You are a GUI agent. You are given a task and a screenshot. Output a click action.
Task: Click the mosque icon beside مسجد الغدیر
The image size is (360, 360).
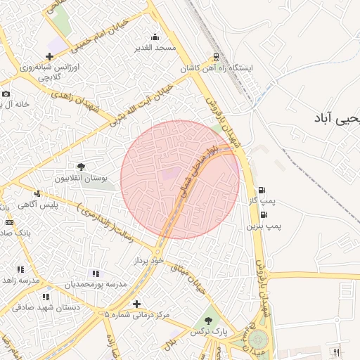(155, 37)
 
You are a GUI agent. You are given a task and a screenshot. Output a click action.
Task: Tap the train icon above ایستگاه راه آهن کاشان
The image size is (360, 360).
(214, 58)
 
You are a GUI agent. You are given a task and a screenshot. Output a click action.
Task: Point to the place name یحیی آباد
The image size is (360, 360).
(337, 118)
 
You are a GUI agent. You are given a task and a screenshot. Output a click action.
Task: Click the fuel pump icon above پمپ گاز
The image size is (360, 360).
(262, 191)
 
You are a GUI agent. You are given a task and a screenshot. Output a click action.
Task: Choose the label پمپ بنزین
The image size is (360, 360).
(263, 226)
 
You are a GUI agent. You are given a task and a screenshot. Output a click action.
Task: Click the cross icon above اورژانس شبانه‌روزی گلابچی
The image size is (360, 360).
(49, 56)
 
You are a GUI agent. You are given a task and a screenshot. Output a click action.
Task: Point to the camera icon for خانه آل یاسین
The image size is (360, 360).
(6, 94)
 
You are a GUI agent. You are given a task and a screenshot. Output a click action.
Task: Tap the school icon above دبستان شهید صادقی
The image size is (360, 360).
(46, 297)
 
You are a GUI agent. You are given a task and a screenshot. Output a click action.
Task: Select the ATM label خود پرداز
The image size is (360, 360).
(148, 260)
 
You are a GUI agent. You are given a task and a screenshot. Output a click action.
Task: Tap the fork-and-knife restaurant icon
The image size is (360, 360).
(337, 352)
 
